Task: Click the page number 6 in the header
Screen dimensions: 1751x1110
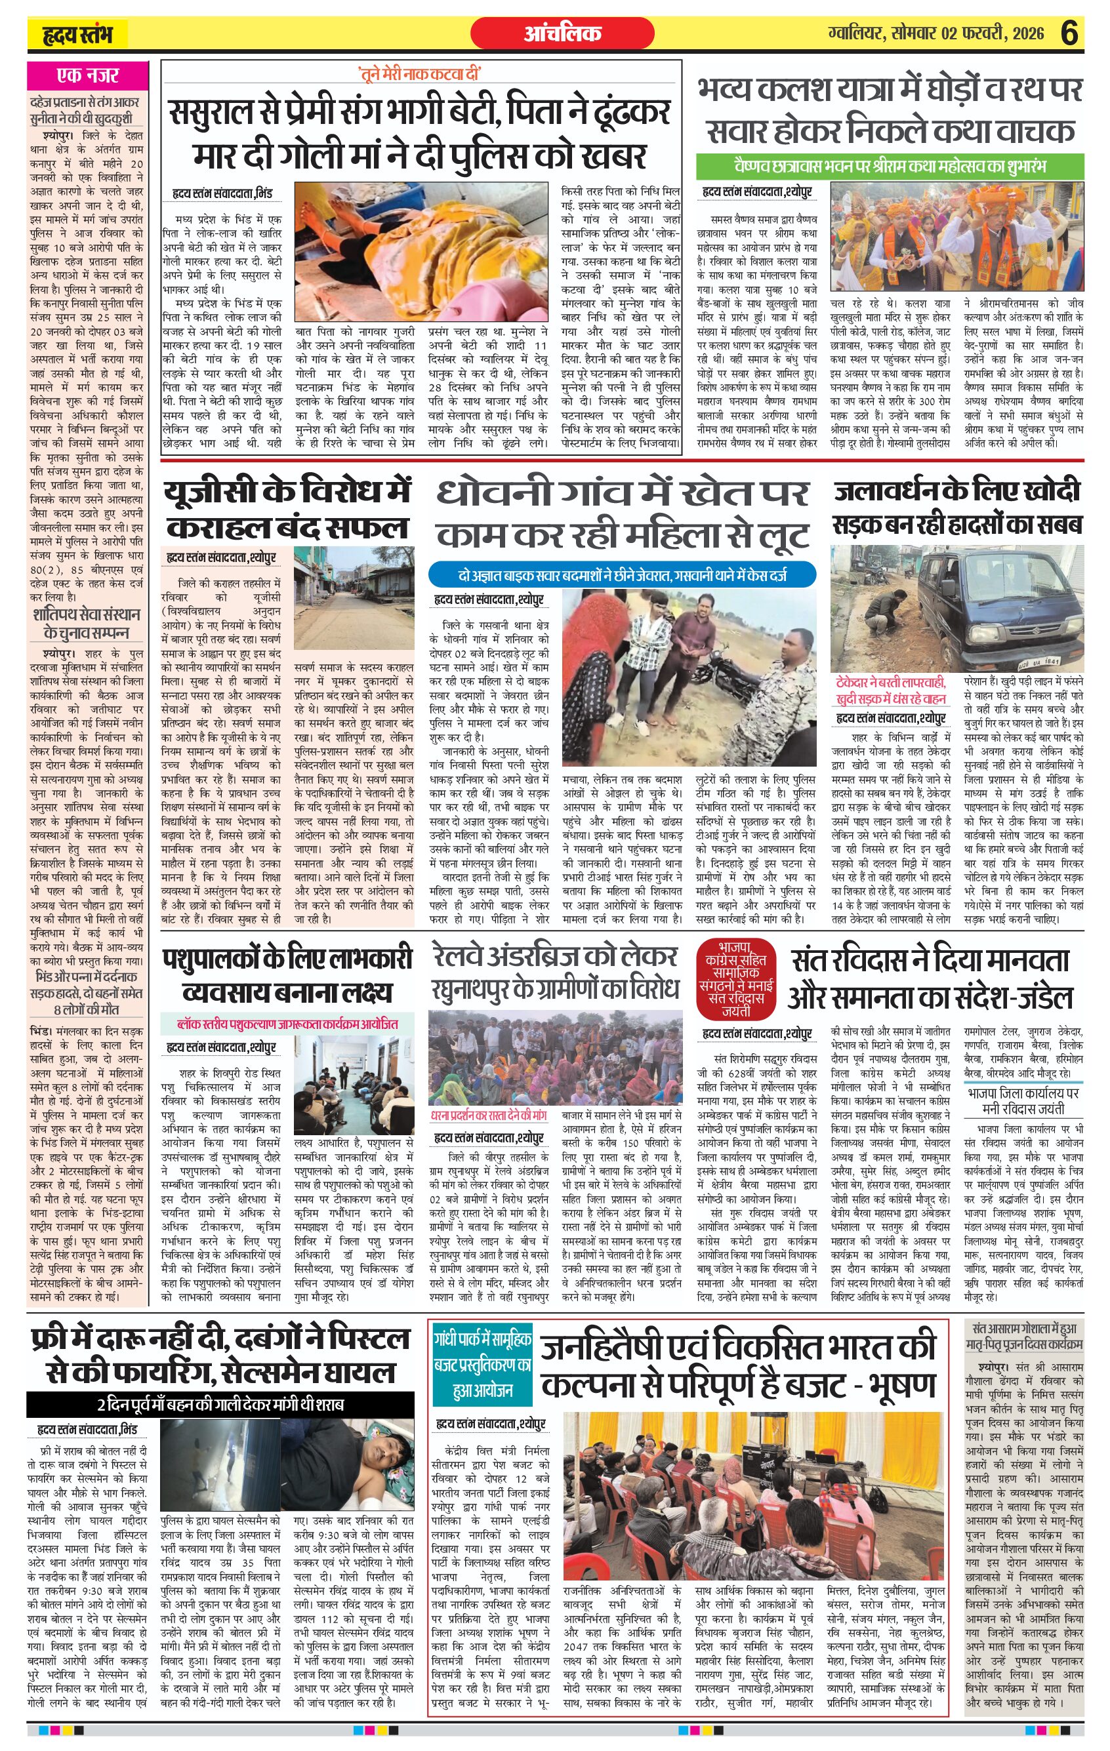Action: (x=1069, y=33)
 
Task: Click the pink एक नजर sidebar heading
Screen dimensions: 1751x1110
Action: (x=87, y=75)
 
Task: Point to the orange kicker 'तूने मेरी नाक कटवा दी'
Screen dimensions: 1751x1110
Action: (x=420, y=73)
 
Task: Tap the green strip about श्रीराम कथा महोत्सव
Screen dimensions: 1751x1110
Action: (x=890, y=167)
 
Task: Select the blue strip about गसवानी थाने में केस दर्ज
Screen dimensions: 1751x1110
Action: (x=622, y=575)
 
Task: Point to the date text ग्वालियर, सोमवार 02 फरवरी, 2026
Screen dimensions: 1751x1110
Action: (x=935, y=33)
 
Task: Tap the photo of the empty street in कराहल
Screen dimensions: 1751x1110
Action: (x=354, y=600)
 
